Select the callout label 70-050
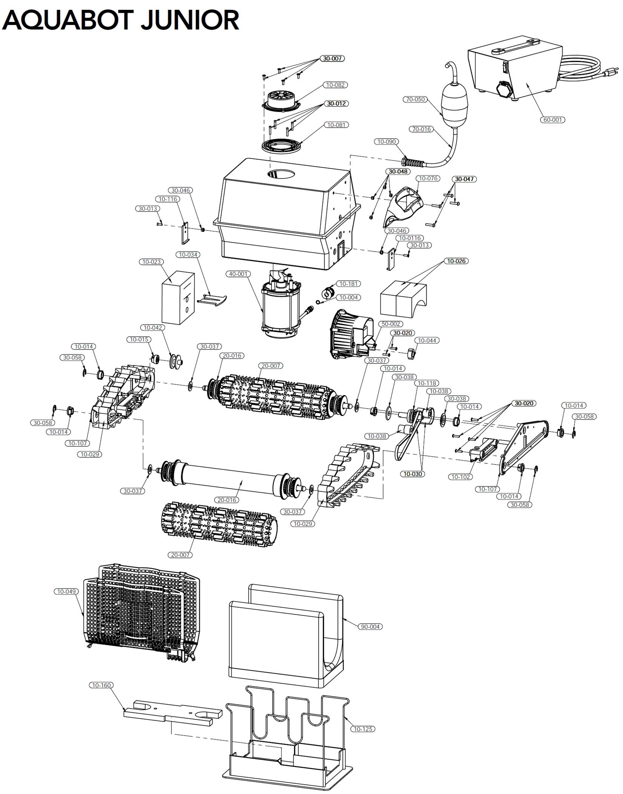click(415, 99)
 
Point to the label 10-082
click(335, 85)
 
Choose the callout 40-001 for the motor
click(238, 274)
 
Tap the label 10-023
click(152, 262)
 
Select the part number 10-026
click(456, 261)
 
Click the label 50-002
click(391, 324)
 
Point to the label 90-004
click(370, 626)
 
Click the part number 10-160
click(101, 685)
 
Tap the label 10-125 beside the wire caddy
click(363, 729)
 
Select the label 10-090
click(386, 142)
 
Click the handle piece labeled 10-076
click(405, 206)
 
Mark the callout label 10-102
click(461, 477)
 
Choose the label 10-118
click(426, 383)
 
